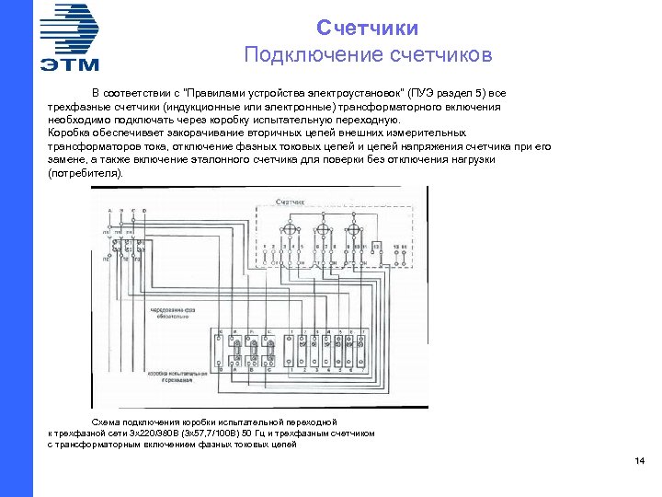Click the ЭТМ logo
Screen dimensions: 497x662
pyautogui.click(x=70, y=37)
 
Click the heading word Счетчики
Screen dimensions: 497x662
pyautogui.click(x=368, y=29)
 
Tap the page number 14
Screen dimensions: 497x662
pyautogui.click(x=640, y=461)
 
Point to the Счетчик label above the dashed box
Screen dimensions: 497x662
pyautogui.click(x=289, y=200)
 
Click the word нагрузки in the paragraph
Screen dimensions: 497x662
pyautogui.click(x=477, y=159)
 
